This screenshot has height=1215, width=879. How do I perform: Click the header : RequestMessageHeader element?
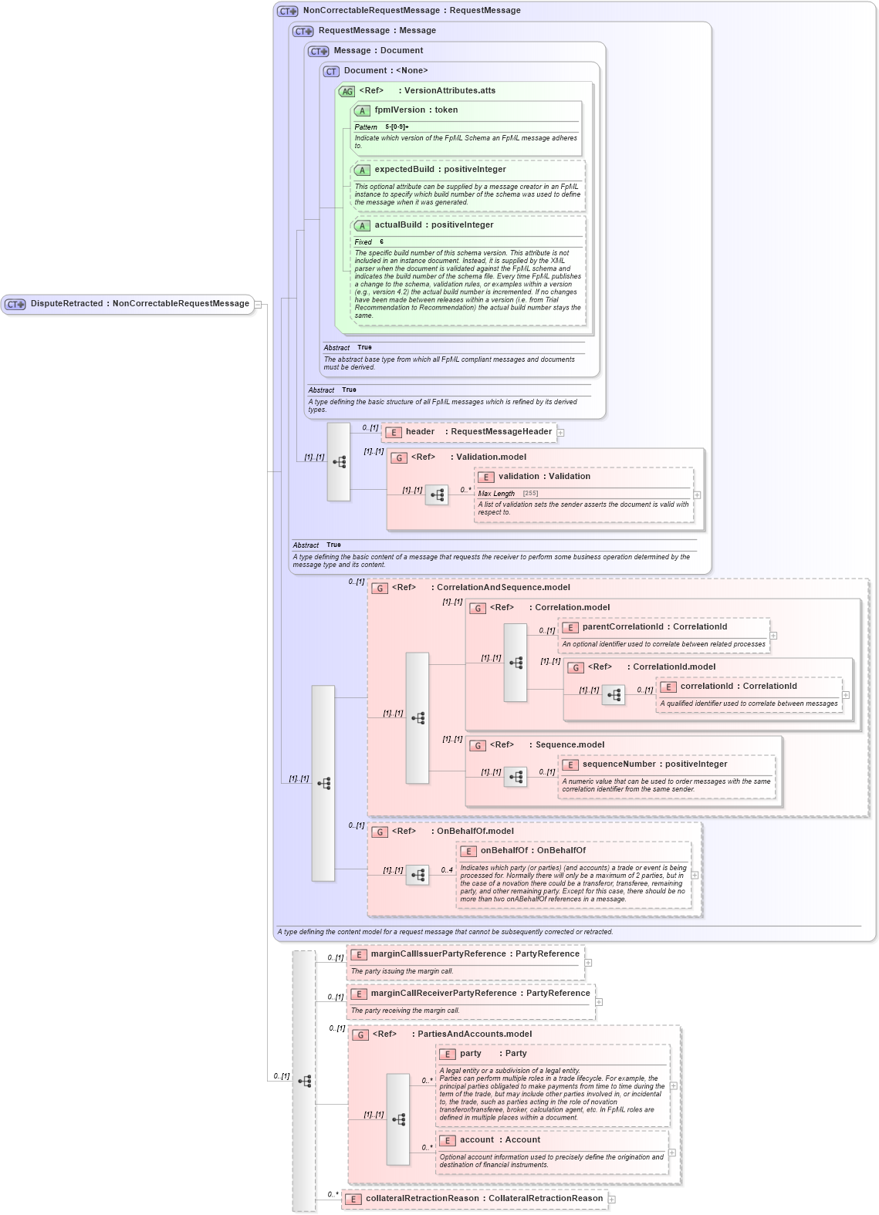click(478, 432)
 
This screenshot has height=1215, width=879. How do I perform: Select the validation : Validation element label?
click(544, 477)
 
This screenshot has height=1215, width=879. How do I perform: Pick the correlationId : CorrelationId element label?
click(738, 687)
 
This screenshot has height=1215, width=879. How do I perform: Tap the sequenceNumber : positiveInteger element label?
click(654, 764)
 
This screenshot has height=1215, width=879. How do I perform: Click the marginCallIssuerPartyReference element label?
click(475, 954)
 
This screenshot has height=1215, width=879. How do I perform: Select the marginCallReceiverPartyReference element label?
click(480, 994)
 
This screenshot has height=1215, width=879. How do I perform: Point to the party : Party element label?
click(493, 1054)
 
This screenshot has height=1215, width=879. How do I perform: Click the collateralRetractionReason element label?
click(484, 1199)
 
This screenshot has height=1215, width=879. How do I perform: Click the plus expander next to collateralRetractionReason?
click(612, 1200)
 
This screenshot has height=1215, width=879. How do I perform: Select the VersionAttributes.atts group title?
click(450, 91)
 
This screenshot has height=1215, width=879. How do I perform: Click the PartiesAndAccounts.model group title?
click(475, 1034)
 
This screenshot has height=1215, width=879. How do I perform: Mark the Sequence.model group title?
click(570, 745)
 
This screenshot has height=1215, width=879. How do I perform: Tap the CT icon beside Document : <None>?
click(332, 71)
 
